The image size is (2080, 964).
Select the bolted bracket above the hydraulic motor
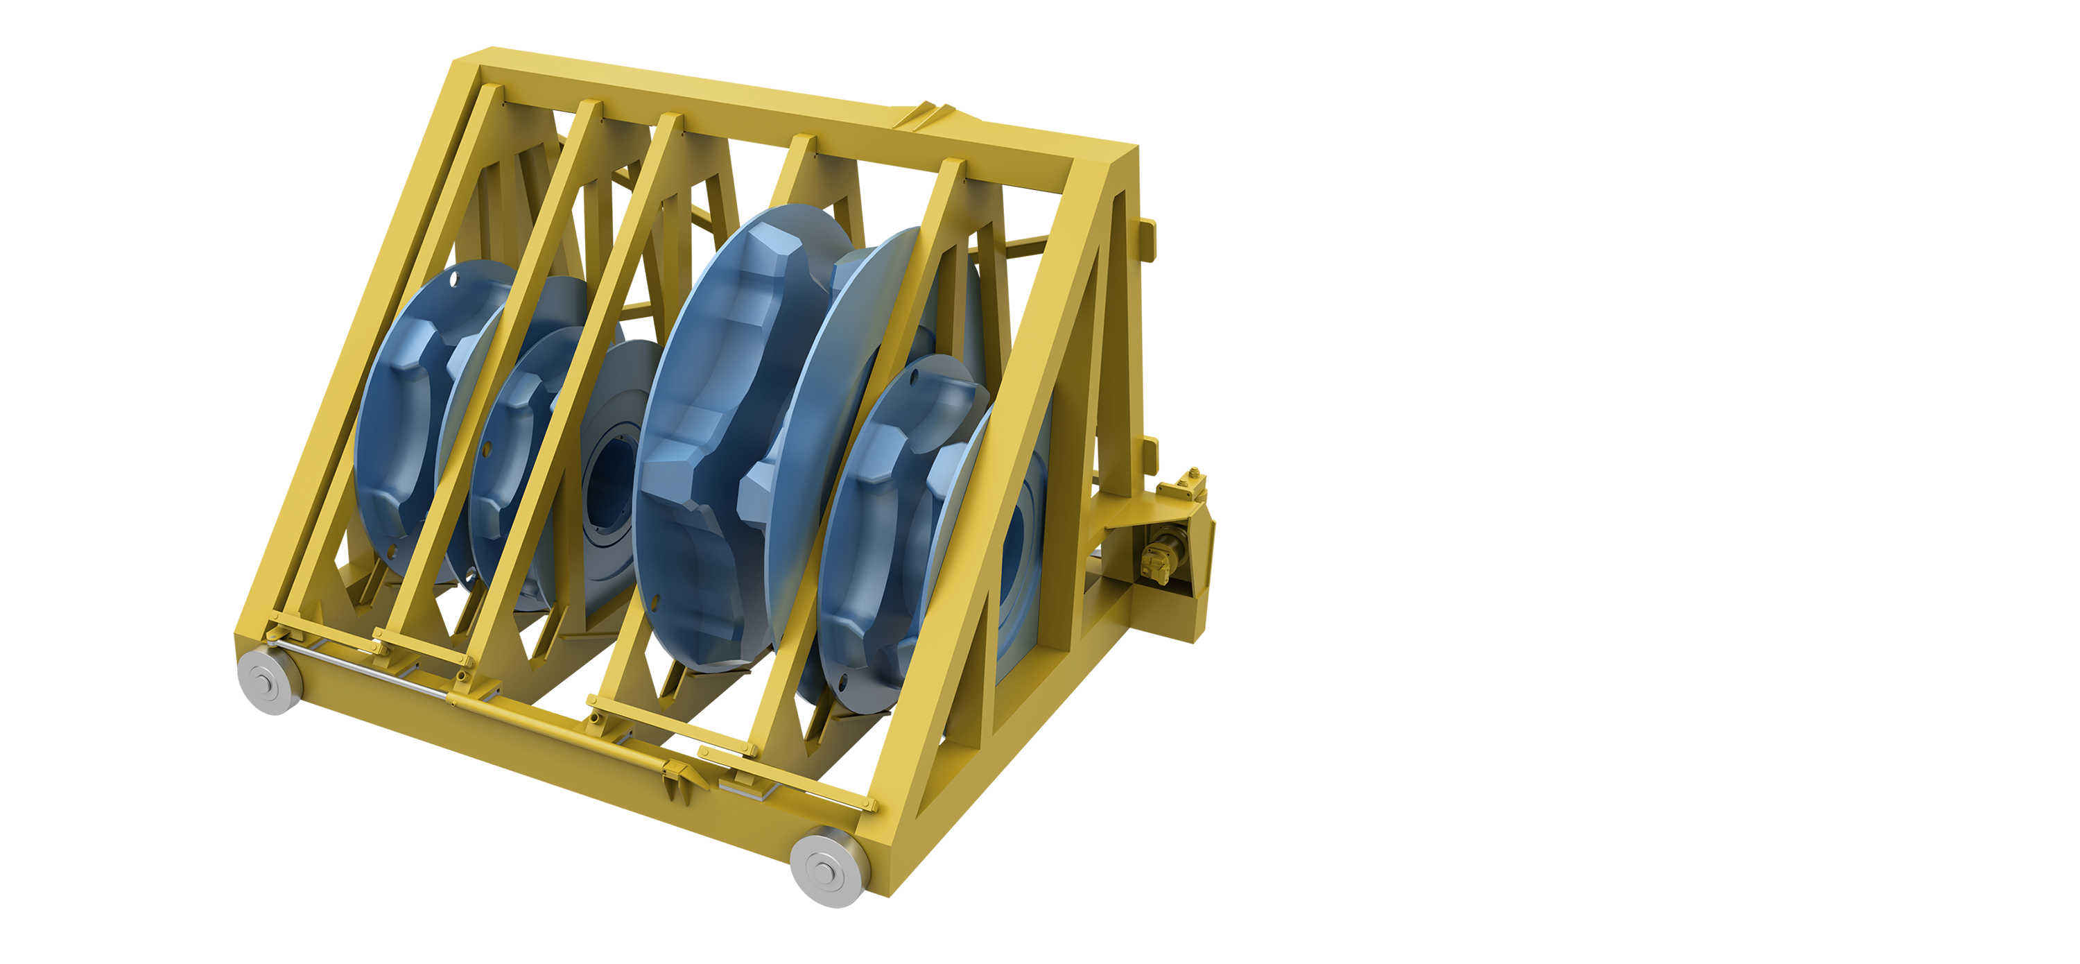[x=1181, y=486]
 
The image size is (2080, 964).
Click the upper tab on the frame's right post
[x=1147, y=240]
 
